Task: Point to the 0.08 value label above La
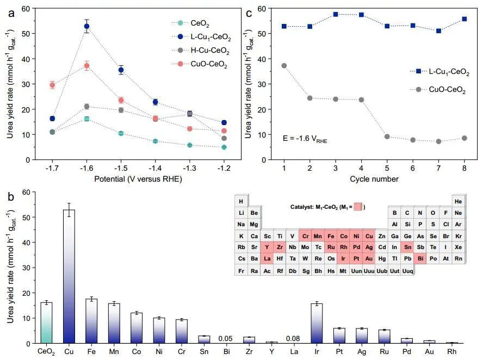tap(294, 339)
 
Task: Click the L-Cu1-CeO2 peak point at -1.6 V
tap(86, 26)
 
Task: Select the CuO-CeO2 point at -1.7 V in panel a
tap(52, 84)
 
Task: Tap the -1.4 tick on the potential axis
tap(155, 169)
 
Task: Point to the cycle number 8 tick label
tap(464, 169)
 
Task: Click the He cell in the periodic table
tap(458, 202)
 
